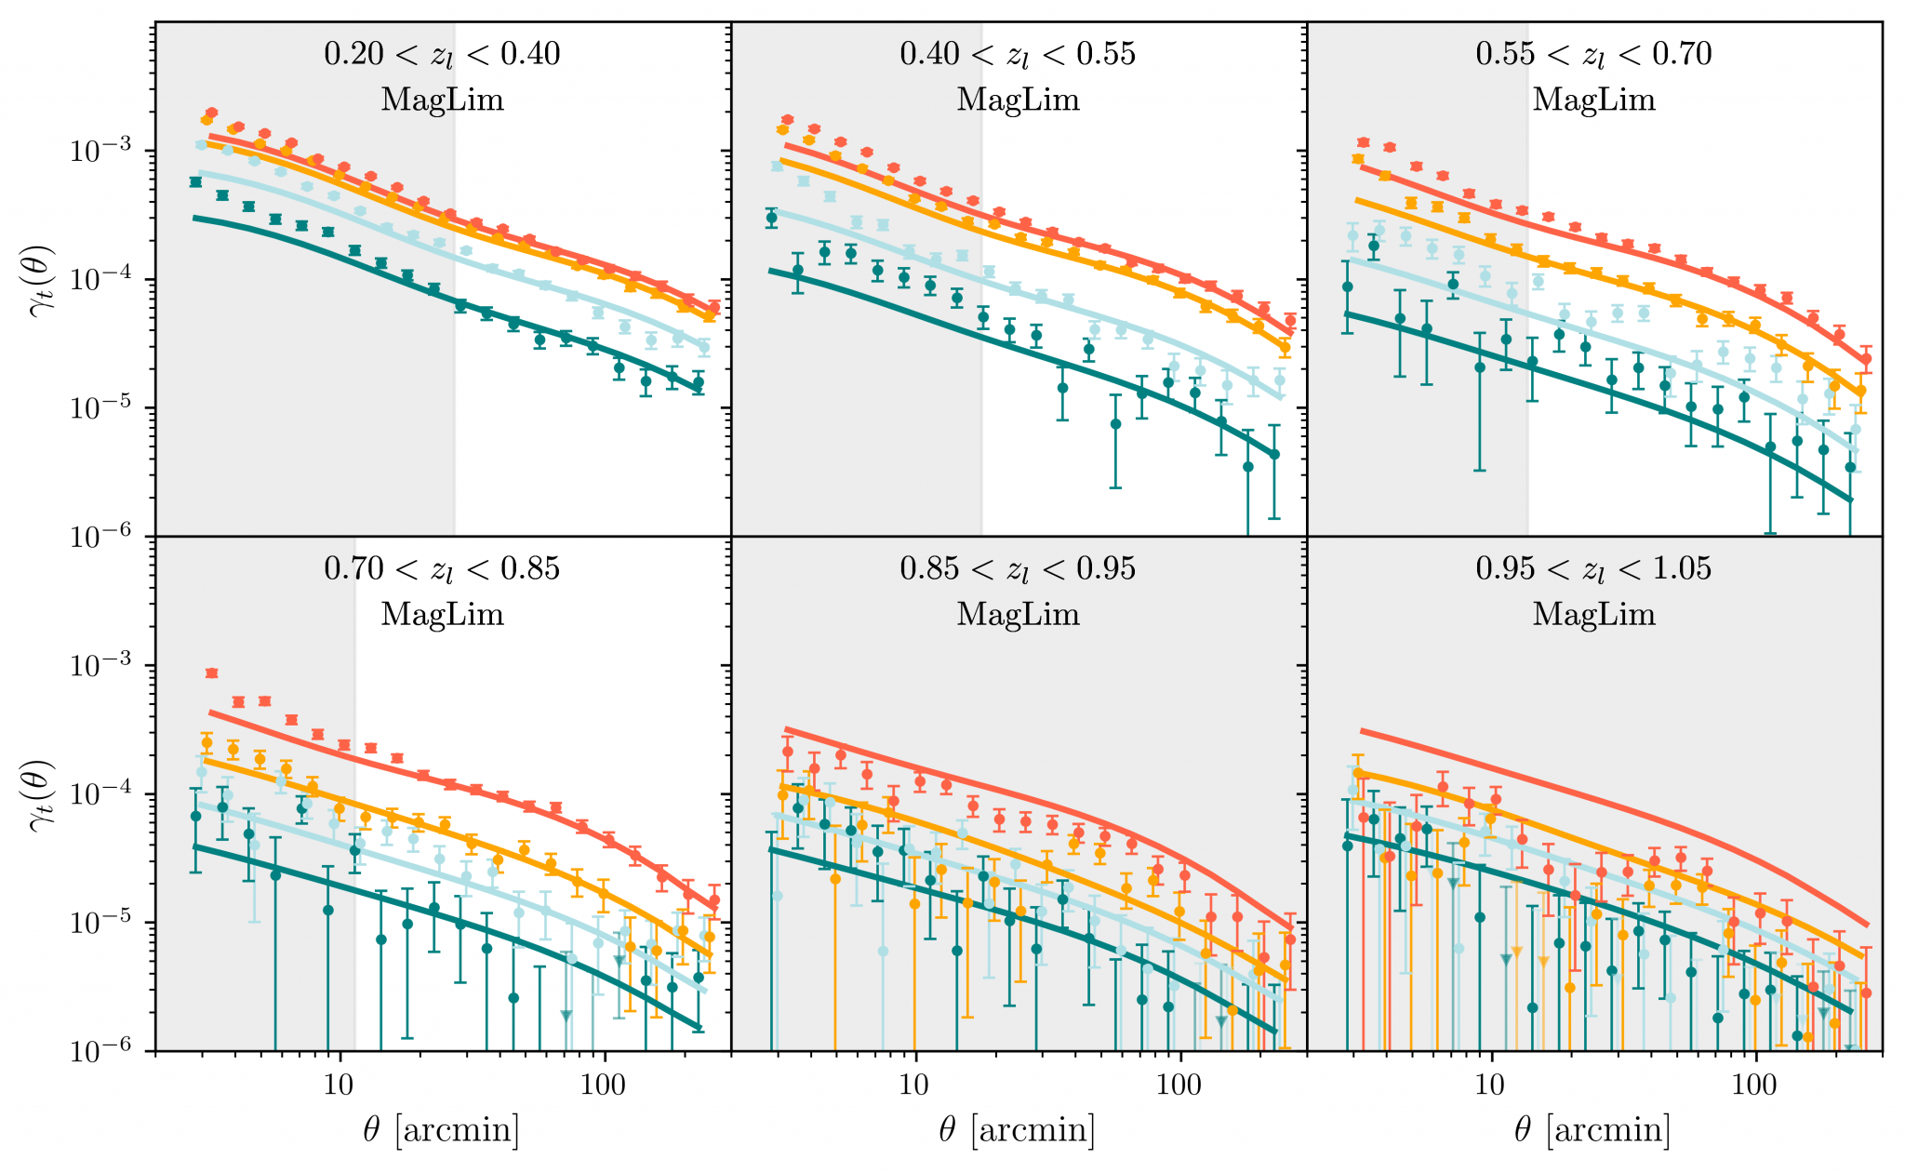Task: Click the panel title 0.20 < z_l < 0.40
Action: tap(442, 54)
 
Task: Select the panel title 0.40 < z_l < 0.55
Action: tap(1018, 54)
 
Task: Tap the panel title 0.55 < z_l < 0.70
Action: tap(1593, 54)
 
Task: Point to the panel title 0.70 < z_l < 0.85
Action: tap(442, 568)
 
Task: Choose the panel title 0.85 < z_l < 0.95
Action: tap(1018, 568)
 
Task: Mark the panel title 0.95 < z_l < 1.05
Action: tap(1593, 568)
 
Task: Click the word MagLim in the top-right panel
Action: tap(1593, 100)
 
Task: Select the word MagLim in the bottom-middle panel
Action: tap(1018, 614)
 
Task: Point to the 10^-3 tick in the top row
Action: tap(102, 153)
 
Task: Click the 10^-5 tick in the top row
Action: tap(102, 409)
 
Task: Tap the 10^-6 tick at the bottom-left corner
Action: tap(102, 1052)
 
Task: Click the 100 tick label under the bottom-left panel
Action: tap(605, 1085)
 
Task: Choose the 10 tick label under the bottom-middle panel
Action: tap(915, 1085)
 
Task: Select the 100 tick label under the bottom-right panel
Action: tap(1755, 1085)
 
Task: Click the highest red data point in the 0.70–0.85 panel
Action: tap(211, 673)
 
